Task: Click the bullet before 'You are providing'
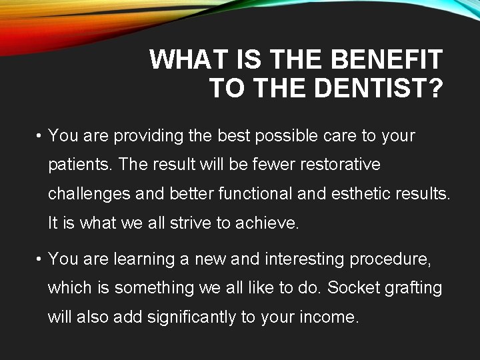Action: [40, 136]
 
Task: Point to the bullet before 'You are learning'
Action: [40, 259]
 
